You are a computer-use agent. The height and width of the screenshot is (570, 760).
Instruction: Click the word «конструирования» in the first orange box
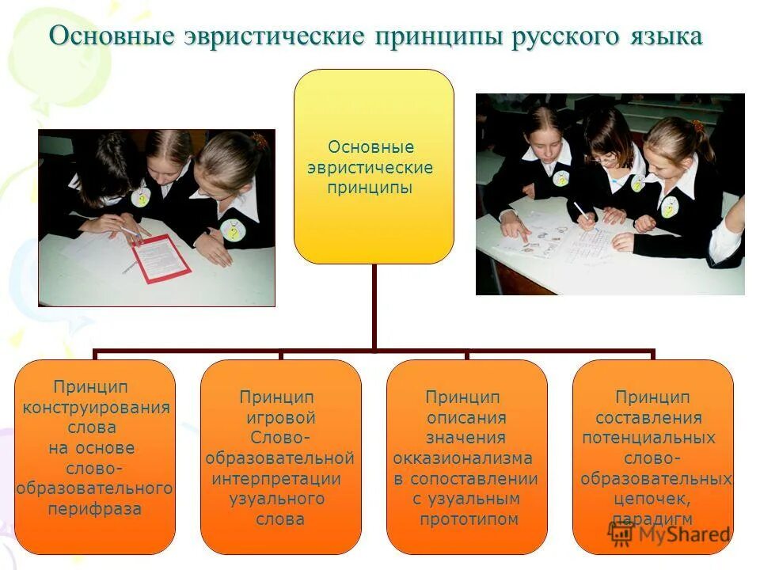[96, 408]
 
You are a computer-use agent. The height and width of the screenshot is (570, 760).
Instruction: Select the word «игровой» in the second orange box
[281, 417]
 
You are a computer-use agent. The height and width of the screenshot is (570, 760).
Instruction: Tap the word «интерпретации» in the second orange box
[276, 479]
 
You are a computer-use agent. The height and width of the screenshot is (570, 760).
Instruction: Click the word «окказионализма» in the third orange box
[462, 458]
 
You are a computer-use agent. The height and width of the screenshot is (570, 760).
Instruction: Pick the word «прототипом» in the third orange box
[469, 519]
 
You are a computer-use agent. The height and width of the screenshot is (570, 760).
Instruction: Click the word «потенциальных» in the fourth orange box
[648, 438]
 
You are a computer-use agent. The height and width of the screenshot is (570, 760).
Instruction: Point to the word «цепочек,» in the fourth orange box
[652, 499]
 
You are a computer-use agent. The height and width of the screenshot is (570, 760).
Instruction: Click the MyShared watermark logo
[670, 534]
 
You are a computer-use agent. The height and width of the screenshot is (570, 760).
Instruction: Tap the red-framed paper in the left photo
[160, 257]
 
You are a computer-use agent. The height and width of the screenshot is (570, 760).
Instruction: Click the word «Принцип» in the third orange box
[462, 397]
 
